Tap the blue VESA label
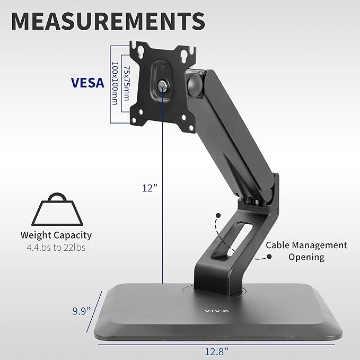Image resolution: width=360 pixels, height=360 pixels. (87, 83)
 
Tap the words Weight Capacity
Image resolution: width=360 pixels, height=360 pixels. (56, 235)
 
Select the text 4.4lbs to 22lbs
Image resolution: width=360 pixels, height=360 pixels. (56, 247)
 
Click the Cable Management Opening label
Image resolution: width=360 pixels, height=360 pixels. (306, 251)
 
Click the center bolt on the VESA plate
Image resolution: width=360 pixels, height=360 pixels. (162, 85)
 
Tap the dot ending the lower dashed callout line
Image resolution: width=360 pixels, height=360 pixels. (269, 257)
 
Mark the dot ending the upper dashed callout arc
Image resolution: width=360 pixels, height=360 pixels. (217, 215)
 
